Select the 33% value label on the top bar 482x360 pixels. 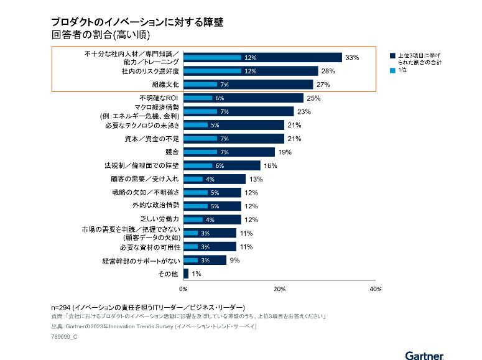pos(353,57)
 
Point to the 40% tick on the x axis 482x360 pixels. pos(376,289)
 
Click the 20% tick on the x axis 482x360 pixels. pos(279,289)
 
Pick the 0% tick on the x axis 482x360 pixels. pos(183,289)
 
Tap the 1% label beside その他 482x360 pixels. pos(196,273)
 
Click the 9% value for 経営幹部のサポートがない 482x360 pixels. pos(234,260)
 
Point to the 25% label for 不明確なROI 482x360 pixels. pos(313,98)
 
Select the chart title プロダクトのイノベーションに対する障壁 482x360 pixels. pos(138,22)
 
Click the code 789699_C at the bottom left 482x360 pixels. pos(65,336)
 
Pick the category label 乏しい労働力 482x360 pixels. pos(160,219)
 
